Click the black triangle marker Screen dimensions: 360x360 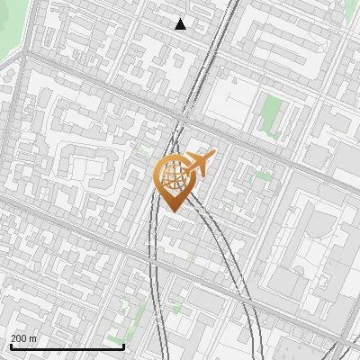click(181, 24)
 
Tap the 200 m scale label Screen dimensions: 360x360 click(23, 338)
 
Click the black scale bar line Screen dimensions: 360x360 click(67, 346)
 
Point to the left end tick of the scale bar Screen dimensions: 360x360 click(11, 345)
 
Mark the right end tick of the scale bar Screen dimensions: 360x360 click(123, 345)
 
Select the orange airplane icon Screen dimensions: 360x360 click(197, 164)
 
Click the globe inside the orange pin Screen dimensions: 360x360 click(172, 175)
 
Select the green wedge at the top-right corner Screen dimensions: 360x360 click(351, 11)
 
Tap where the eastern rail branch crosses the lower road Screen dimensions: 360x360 click(236, 286)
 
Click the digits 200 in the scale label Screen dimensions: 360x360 click(19, 338)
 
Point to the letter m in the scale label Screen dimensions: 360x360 click(33, 339)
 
